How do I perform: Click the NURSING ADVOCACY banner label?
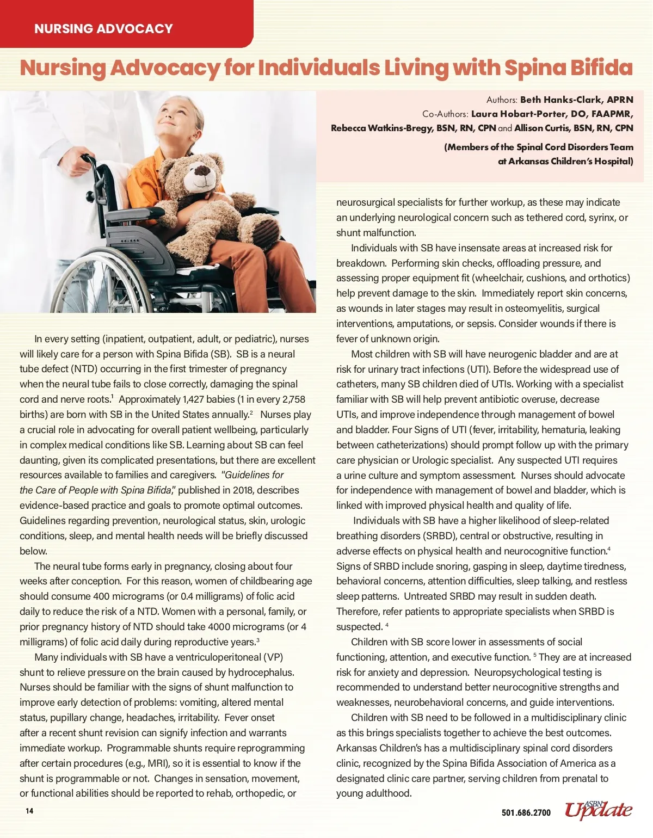pyautogui.click(x=103, y=29)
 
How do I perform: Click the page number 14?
pyautogui.click(x=29, y=811)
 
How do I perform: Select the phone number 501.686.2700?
pyautogui.click(x=526, y=812)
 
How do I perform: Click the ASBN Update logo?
pyautogui.click(x=598, y=810)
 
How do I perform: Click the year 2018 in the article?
pyautogui.click(x=243, y=490)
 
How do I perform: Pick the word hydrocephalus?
pyautogui.click(x=261, y=673)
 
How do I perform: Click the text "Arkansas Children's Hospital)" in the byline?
pyautogui.click(x=570, y=161)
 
